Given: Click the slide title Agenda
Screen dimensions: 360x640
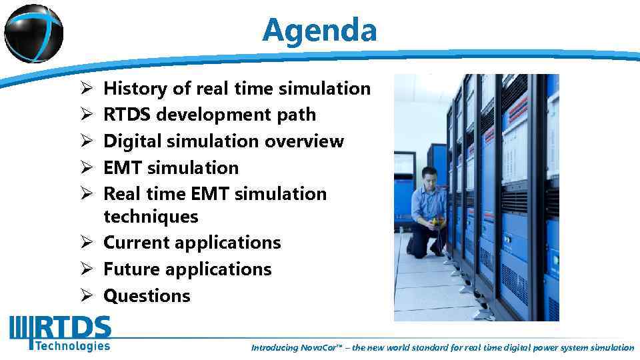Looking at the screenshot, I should point(319,30).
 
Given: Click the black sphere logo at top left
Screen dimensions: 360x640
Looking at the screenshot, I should point(33,30).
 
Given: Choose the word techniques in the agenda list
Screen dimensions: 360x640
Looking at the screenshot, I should point(151,217).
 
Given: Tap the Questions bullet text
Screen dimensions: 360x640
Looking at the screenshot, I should point(147,296).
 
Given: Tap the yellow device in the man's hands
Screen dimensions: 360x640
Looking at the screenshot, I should point(438,221).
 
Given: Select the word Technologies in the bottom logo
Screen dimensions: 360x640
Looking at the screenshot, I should point(72,345).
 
